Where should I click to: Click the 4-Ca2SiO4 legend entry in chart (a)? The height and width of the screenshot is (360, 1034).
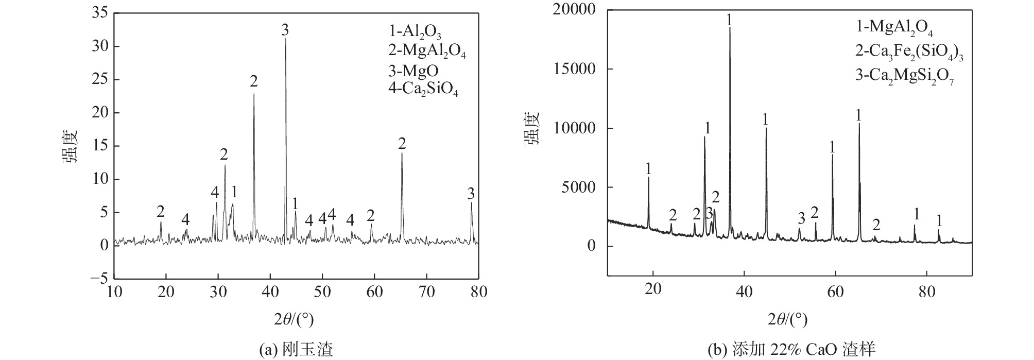tap(423, 90)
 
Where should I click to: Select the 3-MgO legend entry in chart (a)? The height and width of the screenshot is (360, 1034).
tap(413, 70)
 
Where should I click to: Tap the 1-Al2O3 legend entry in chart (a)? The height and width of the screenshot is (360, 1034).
tap(415, 31)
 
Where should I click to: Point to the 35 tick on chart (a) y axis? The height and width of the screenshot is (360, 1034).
tap(99, 13)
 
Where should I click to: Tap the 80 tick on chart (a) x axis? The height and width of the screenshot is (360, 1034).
tap(478, 292)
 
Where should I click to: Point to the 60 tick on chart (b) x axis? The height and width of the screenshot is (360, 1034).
tap(835, 288)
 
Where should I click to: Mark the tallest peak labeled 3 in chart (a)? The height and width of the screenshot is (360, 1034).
tap(286, 39)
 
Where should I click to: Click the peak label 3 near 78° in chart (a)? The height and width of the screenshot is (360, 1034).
tap(471, 194)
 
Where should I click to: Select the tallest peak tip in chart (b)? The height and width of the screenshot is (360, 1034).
tap(730, 28)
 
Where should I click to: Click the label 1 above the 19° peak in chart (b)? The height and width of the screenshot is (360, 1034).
tap(648, 168)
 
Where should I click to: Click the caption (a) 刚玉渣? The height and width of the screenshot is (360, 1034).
tap(296, 350)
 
